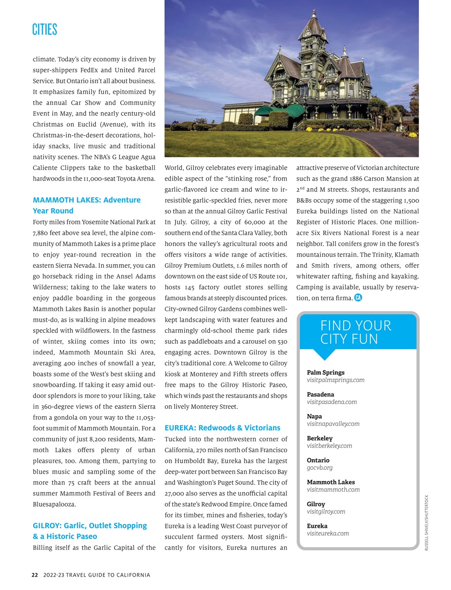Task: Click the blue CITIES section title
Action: click(45, 29)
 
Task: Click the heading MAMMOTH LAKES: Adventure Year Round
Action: click(87, 205)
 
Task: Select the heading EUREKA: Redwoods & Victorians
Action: click(222, 428)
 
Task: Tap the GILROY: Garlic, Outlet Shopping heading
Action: click(90, 525)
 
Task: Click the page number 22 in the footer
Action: click(35, 575)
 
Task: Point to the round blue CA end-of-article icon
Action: click(358, 298)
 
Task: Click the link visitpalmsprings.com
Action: click(335, 380)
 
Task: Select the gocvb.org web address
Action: click(319, 468)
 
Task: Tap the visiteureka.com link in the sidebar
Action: click(328, 533)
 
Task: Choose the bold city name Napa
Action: click(314, 416)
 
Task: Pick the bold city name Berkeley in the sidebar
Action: click(319, 438)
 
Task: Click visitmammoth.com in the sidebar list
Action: click(333, 490)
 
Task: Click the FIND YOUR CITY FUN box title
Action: click(356, 332)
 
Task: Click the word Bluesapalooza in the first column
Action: click(54, 504)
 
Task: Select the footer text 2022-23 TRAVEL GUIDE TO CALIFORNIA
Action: click(96, 575)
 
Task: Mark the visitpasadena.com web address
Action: click(332, 402)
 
